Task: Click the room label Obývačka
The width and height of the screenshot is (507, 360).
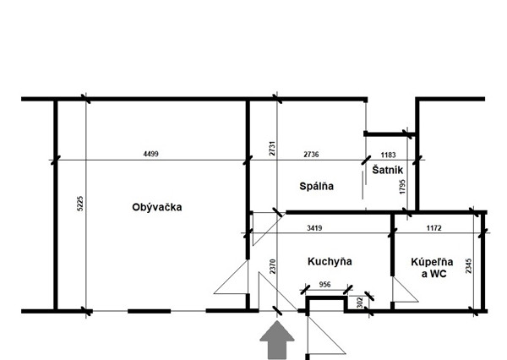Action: click(x=157, y=207)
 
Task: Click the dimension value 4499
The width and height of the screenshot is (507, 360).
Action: click(x=152, y=154)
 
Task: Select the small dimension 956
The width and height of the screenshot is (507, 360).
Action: click(x=325, y=284)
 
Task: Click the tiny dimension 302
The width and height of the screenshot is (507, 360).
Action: click(x=361, y=300)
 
